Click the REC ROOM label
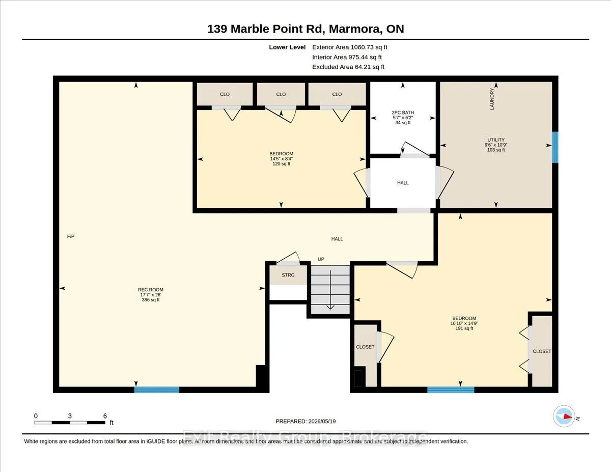click(150, 290)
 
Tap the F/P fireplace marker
click(71, 237)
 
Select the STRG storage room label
click(288, 275)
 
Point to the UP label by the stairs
click(321, 259)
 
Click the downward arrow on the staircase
click(330, 290)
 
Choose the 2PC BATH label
click(403, 113)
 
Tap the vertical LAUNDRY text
click(492, 99)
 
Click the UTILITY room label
click(496, 140)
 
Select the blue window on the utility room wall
click(555, 147)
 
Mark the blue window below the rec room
click(157, 390)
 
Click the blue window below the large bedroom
click(451, 390)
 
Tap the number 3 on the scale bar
click(70, 416)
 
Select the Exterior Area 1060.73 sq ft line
click(350, 47)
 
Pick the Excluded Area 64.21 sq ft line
click(348, 67)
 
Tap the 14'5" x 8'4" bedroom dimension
click(281, 159)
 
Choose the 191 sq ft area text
click(464, 328)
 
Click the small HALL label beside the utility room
click(403, 183)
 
